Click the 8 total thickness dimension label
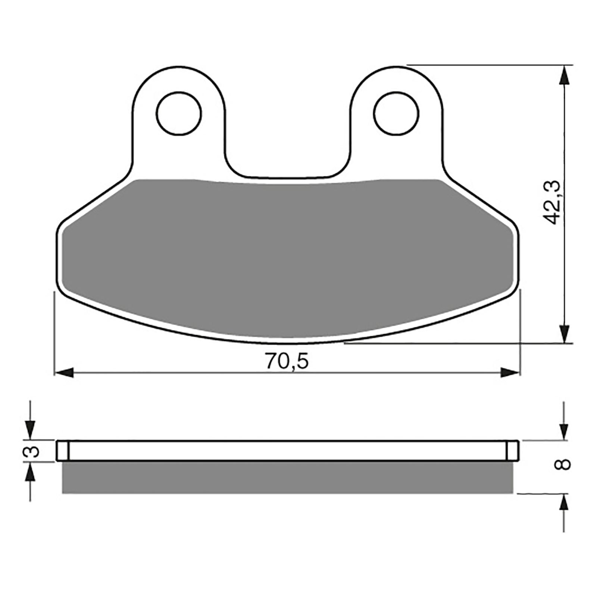(565, 465)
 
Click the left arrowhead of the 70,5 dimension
(64, 372)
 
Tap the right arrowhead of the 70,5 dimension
(510, 372)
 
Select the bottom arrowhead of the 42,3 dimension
(566, 334)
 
